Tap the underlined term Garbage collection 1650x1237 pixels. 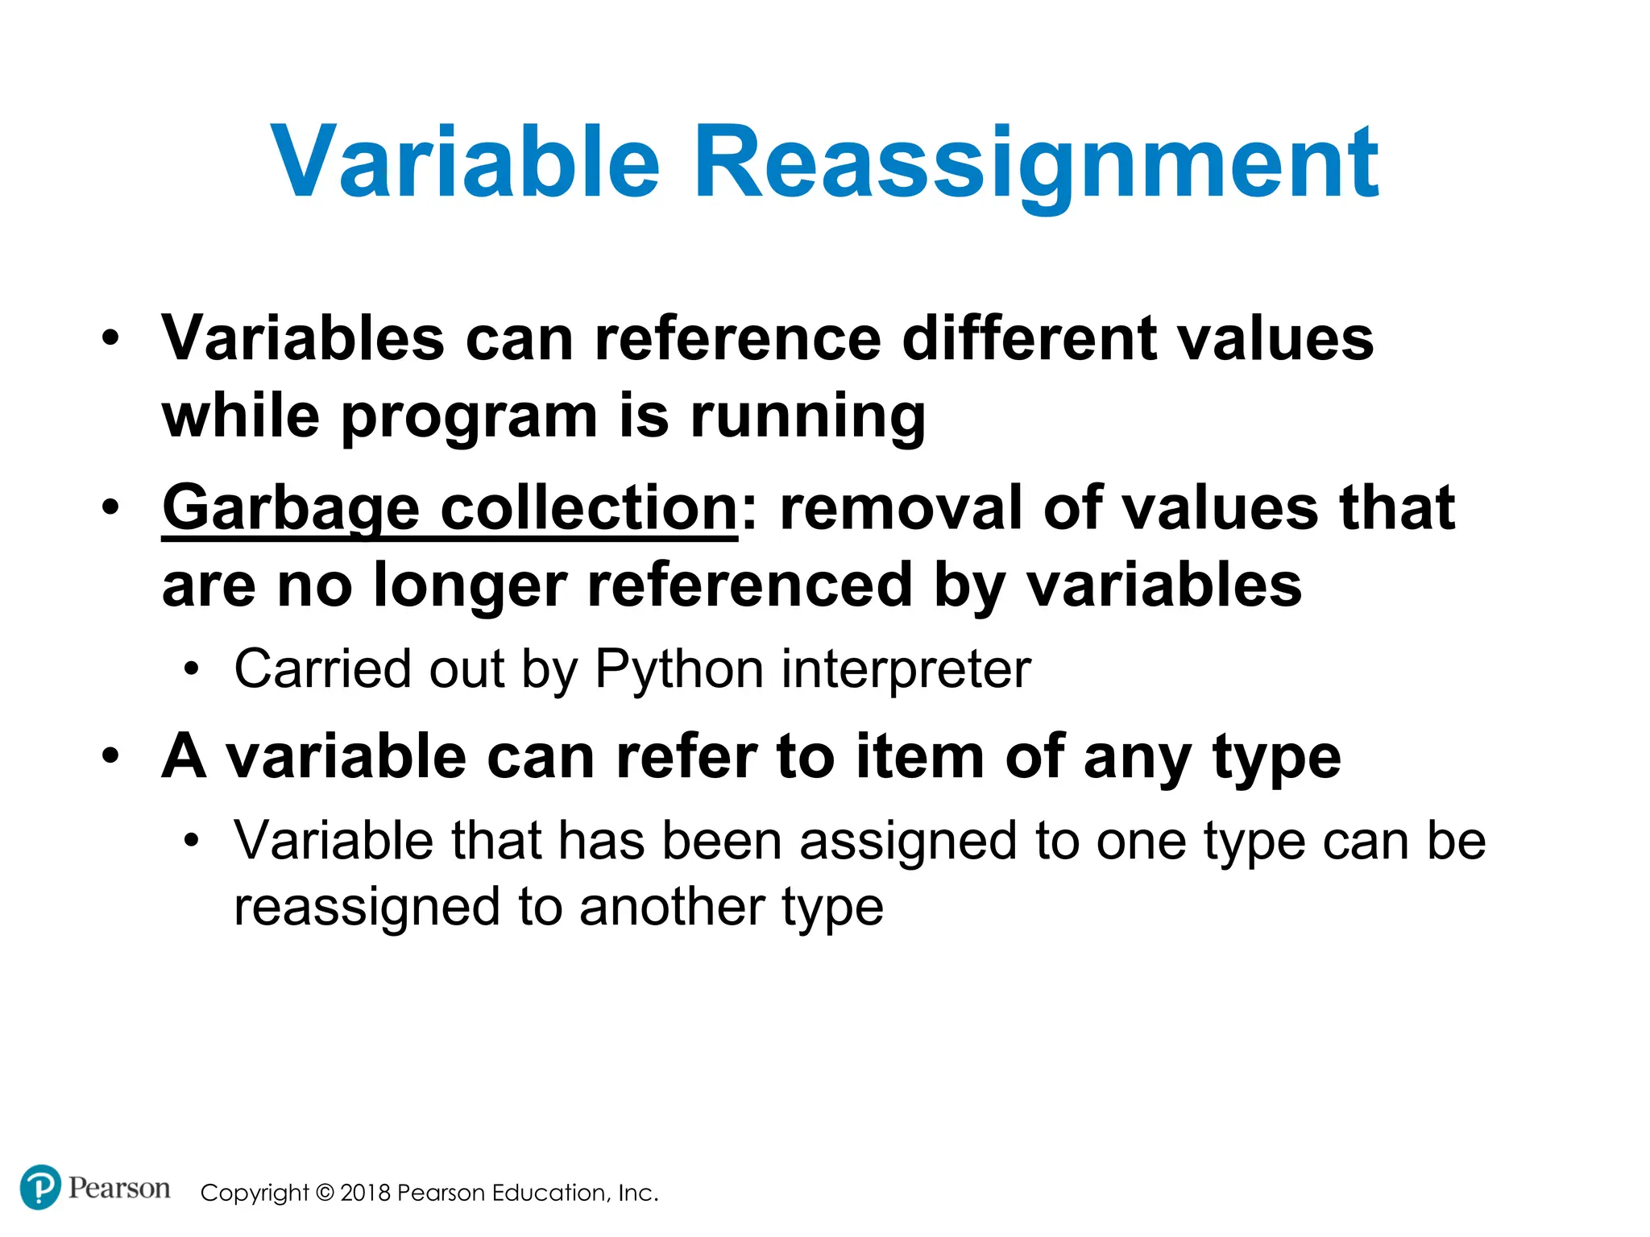(x=450, y=508)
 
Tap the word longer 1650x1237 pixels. (x=470, y=585)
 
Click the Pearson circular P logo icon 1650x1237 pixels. (x=39, y=1187)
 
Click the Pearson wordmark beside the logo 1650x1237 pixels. (x=119, y=1188)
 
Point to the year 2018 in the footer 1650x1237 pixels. (x=366, y=1193)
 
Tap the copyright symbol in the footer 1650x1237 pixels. (x=324, y=1193)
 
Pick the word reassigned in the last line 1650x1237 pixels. (x=367, y=908)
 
